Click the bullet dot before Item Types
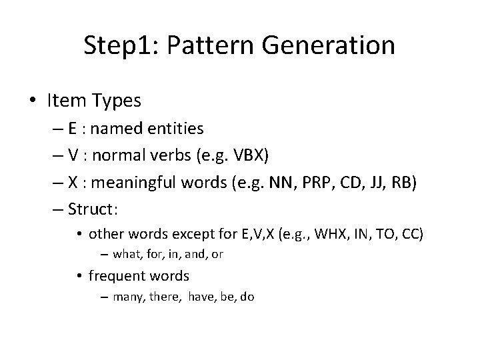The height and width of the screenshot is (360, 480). [32, 101]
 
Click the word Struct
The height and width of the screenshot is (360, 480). [92, 209]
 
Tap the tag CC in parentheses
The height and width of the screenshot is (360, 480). [412, 234]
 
